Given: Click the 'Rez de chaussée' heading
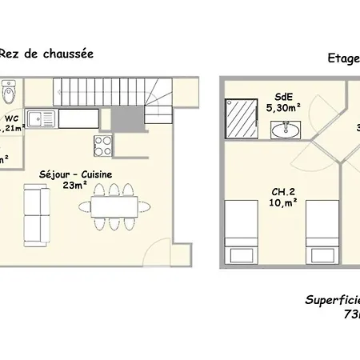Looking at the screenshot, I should point(46,54).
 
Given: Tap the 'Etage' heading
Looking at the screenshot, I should point(343,58).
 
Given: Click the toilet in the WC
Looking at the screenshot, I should point(7,95).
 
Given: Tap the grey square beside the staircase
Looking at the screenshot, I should point(125,120).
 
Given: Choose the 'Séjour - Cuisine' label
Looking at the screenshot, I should point(76,174).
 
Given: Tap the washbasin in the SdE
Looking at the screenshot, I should point(285,129).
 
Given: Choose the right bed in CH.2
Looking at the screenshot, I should point(321,232).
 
